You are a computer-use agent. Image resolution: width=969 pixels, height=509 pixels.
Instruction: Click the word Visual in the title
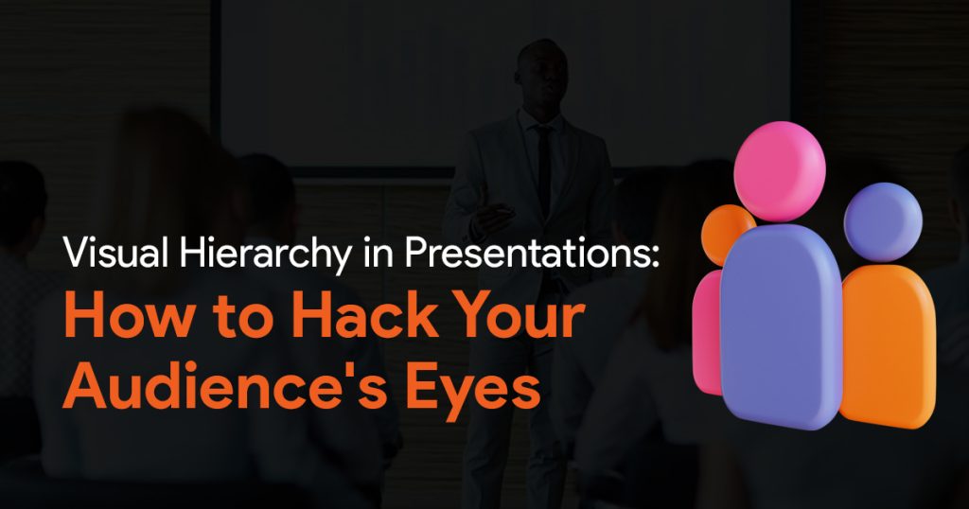[115, 253]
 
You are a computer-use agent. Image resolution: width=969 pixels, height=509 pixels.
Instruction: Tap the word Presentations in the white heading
[522, 253]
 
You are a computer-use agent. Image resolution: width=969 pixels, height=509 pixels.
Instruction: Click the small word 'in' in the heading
[379, 253]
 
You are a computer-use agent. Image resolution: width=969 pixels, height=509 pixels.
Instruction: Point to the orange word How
[128, 316]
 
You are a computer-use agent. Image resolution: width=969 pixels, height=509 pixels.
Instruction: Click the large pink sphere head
[780, 171]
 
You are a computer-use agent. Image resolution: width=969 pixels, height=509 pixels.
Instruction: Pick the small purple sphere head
[883, 221]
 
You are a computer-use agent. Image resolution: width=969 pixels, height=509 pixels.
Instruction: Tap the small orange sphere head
[725, 232]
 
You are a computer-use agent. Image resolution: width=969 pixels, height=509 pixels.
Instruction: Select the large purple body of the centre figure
[781, 325]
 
